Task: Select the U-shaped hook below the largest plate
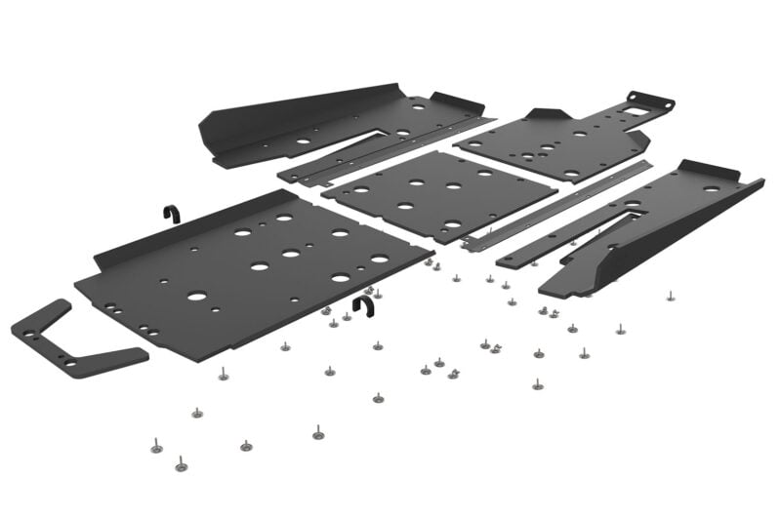[364, 306]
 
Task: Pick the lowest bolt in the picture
[181, 465]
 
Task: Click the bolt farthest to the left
[156, 446]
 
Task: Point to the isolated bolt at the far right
[671, 293]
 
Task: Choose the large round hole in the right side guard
[710, 188]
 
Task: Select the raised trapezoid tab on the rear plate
[543, 115]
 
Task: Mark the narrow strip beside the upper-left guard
[390, 151]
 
